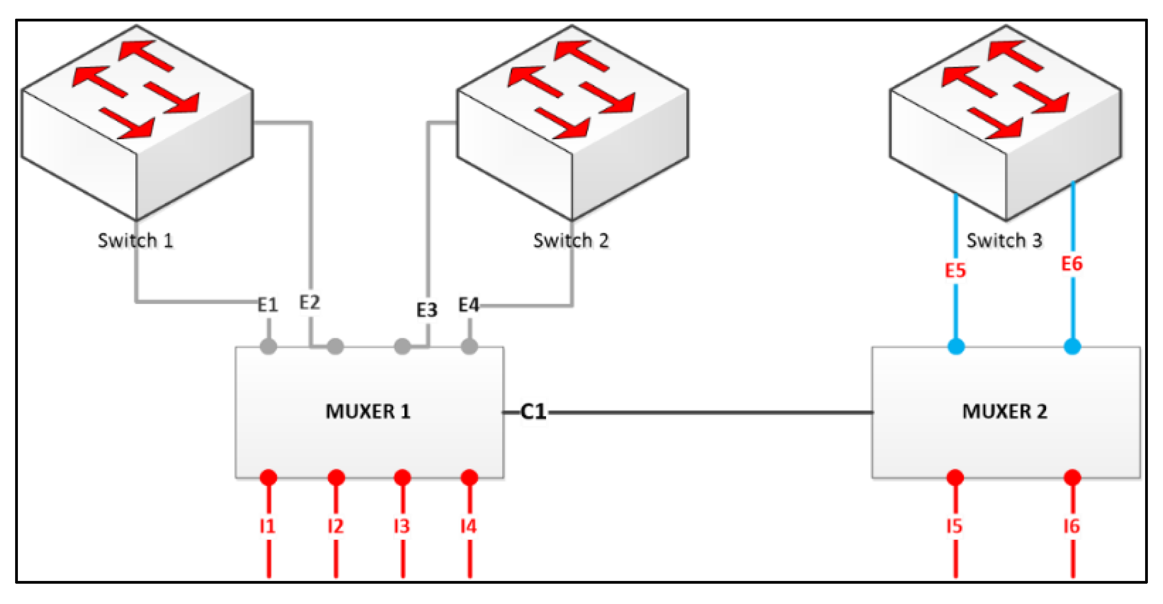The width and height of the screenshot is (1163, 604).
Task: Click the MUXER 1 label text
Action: point(368,411)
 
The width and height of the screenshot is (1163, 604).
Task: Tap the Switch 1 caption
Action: point(136,240)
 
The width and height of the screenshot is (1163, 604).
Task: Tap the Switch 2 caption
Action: point(571,240)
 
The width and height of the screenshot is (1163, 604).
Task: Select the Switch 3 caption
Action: point(1004,240)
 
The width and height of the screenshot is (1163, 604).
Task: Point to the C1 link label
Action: point(533,411)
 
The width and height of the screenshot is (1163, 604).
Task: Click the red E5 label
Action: point(955,270)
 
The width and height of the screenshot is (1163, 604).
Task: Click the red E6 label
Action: point(1072,263)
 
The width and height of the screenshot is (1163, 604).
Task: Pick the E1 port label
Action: point(267,305)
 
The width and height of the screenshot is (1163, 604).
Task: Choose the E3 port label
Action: point(427,310)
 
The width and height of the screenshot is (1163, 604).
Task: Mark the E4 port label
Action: point(468,305)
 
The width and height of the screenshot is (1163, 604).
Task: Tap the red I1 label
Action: point(267,526)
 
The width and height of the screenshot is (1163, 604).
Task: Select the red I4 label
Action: point(468,526)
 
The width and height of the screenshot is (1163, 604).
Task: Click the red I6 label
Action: point(1072,526)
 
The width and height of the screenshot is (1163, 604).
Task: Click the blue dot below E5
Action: point(956,347)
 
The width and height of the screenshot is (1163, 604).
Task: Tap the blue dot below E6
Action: point(1072,347)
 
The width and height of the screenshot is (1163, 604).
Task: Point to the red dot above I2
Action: point(336,477)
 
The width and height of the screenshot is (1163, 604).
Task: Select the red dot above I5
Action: point(955,477)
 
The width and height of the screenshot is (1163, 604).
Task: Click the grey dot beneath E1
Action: point(268,347)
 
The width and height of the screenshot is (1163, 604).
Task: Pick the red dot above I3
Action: point(402,477)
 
